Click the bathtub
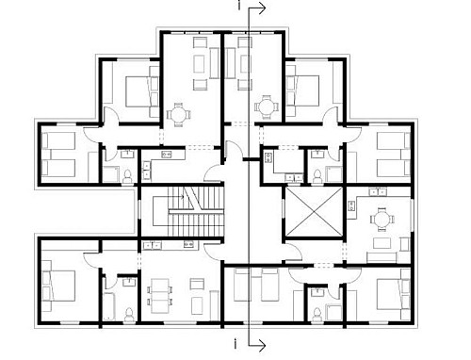click(x=109, y=306)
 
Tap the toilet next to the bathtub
click(x=129, y=315)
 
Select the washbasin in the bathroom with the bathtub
click(x=129, y=282)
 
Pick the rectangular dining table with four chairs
click(x=159, y=296)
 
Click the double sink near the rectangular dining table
click(x=152, y=245)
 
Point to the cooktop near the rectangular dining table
click(x=188, y=244)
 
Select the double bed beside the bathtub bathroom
click(x=59, y=286)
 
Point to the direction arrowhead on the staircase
click(x=183, y=197)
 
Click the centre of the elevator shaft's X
click(x=315, y=211)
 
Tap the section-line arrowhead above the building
click(x=263, y=8)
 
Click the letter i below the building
click(x=235, y=343)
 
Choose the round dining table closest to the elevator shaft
click(x=382, y=220)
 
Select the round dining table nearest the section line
click(x=267, y=106)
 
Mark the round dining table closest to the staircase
click(x=178, y=115)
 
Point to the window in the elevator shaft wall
click(x=283, y=211)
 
